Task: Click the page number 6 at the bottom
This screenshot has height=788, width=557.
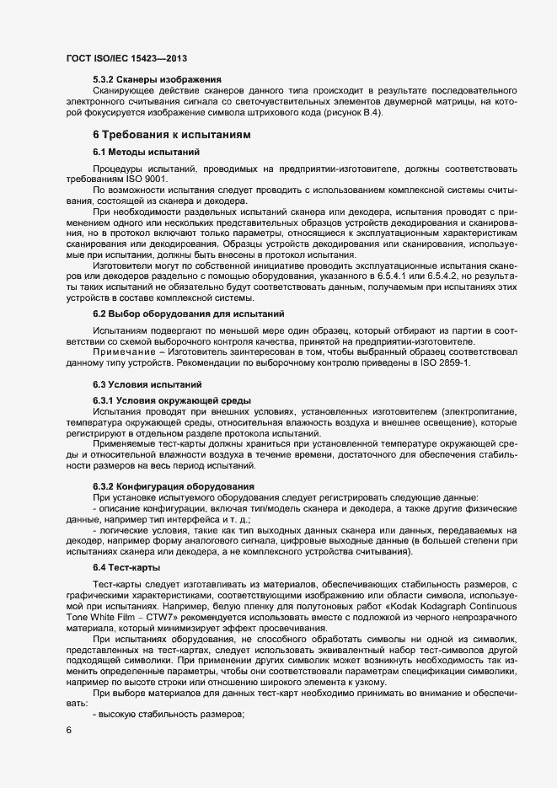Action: point(69,732)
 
